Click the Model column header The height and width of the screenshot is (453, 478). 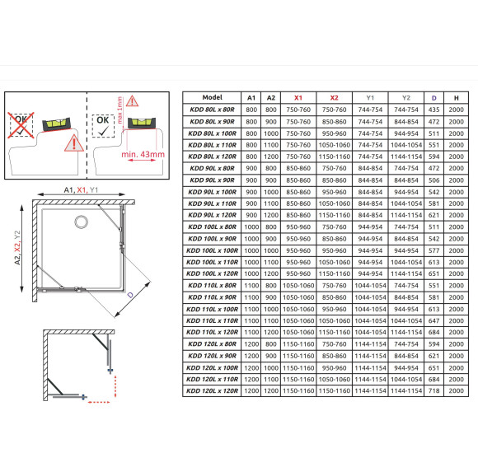coord(212,97)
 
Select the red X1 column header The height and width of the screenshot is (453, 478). coord(298,98)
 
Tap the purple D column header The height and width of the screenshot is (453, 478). coord(433,98)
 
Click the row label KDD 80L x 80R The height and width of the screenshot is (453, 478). coord(212,110)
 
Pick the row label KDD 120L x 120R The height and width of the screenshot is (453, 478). coord(212,391)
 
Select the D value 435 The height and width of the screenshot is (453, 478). coord(433,110)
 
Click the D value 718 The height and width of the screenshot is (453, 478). coord(433,391)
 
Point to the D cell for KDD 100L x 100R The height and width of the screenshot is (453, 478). coord(433,250)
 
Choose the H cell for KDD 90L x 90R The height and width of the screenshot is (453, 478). coord(456,180)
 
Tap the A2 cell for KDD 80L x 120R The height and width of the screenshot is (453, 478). coord(271,156)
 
